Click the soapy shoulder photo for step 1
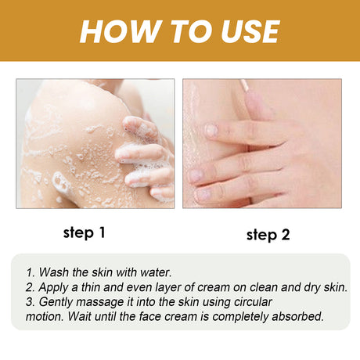tap(95, 142)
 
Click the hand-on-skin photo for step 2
tap(262, 142)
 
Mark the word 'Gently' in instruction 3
tap(57, 301)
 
